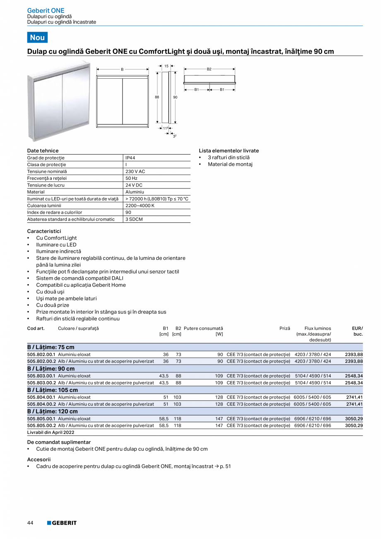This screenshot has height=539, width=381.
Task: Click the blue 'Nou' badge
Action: pos(37,37)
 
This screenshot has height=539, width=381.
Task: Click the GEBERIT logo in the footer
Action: pos(62,523)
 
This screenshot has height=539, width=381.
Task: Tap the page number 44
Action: pos(30,523)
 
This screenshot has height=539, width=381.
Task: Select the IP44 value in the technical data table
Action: pos(130,158)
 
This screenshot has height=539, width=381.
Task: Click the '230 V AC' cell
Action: pos(135,172)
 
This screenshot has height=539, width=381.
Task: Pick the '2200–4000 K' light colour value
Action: pos(140,205)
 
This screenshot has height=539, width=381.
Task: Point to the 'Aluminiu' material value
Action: pos(135,192)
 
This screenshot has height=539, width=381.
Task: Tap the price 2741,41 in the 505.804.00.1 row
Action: pos(354,397)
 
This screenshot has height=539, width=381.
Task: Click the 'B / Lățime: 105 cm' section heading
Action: pos(53,390)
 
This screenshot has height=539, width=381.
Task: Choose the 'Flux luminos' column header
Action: pos(318,328)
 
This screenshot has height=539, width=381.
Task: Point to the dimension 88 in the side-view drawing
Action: pos(157,97)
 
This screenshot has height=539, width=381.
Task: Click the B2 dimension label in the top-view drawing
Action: pos(209,69)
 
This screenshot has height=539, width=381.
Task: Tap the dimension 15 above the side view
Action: pos(166,66)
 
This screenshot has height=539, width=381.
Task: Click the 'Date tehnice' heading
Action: pos(43,151)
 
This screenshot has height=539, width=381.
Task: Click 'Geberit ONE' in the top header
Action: pos(46,10)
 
